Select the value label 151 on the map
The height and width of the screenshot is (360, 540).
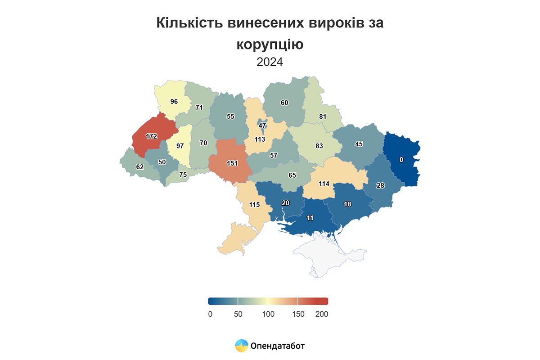click(x=232, y=163)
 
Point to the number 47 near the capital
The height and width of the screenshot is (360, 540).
click(x=262, y=126)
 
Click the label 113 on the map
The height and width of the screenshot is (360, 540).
click(x=260, y=139)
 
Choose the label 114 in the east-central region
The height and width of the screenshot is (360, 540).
click(x=324, y=184)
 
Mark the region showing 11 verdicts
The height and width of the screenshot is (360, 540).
click(x=310, y=218)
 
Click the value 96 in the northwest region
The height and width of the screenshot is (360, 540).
click(x=174, y=101)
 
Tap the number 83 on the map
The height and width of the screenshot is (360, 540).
click(x=319, y=146)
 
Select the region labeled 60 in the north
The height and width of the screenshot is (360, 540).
click(x=284, y=103)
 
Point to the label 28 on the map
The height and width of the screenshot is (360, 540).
click(x=380, y=186)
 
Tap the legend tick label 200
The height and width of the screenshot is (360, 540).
click(x=322, y=314)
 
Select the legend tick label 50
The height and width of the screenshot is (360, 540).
click(x=238, y=314)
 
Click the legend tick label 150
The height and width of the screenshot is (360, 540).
click(x=298, y=314)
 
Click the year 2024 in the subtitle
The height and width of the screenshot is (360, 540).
click(x=270, y=62)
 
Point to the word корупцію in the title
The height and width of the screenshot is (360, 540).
click(x=270, y=44)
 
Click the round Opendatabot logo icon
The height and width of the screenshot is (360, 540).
click(x=242, y=346)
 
